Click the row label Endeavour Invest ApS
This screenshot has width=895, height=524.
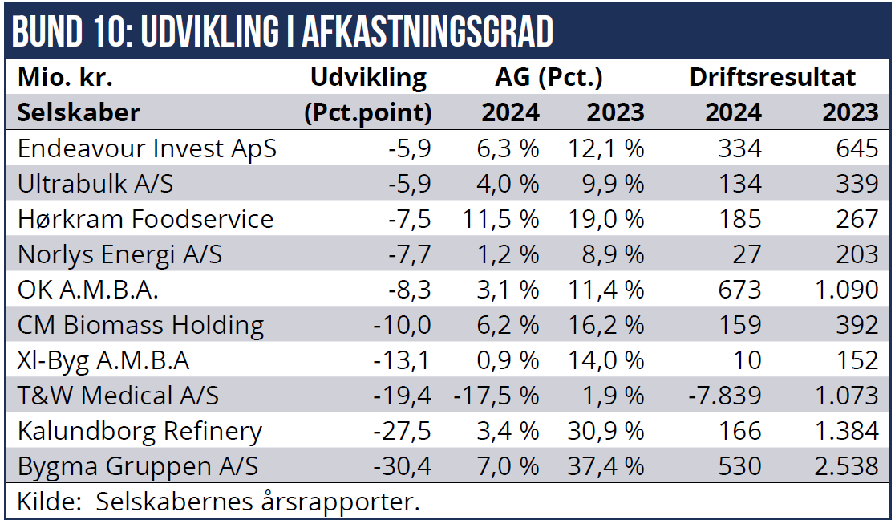pyautogui.click(x=147, y=148)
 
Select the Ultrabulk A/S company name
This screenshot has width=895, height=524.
pyautogui.click(x=95, y=184)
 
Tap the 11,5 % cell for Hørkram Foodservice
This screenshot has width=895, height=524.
pyautogui.click(x=500, y=219)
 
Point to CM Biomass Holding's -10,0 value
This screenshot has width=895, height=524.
pyautogui.click(x=403, y=325)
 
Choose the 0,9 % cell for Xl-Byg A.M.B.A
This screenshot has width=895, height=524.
pyautogui.click(x=506, y=360)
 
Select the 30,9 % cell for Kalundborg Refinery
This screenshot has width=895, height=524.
pyautogui.click(x=605, y=431)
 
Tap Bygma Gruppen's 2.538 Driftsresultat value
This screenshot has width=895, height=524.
pyautogui.click(x=850, y=466)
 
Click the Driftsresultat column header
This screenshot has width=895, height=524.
pyautogui.click(x=773, y=78)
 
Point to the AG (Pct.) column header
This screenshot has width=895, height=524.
pyautogui.click(x=549, y=78)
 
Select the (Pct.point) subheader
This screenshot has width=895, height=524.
pyautogui.click(x=368, y=112)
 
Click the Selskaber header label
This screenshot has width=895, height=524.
pyautogui.click(x=79, y=112)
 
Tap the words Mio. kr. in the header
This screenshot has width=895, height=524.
pyautogui.click(x=65, y=78)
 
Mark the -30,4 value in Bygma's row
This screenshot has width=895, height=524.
pyautogui.click(x=403, y=466)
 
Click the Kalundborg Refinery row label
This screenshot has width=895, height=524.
pyautogui.click(x=140, y=431)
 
